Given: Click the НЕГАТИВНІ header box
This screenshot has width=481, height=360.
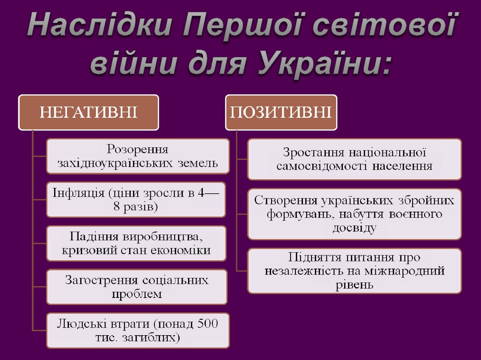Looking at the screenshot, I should tap(88, 112).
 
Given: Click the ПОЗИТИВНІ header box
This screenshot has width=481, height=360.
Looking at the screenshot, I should tap(281, 112).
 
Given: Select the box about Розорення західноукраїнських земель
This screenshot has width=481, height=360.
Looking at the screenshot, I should tap(138, 156).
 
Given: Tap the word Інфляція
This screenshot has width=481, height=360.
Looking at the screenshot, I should tap(78, 193).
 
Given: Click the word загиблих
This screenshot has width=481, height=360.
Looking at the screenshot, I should tap(155, 337).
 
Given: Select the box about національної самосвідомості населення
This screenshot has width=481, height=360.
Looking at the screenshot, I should tap(354, 159).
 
